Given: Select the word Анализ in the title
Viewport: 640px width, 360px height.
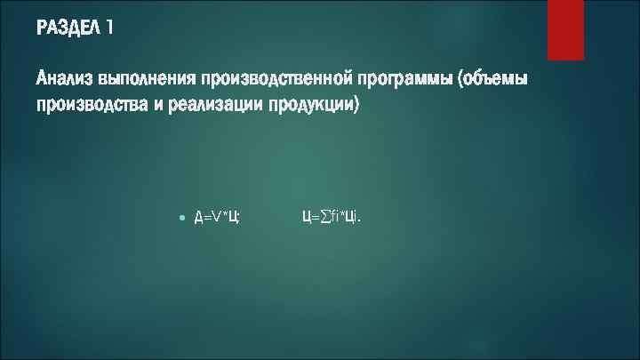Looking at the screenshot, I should tap(65, 80).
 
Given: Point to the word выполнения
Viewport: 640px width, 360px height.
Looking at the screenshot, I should tap(148, 80).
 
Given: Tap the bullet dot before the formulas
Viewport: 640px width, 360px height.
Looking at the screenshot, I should tap(181, 217).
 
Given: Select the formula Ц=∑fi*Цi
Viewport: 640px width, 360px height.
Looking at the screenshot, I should tap(331, 217).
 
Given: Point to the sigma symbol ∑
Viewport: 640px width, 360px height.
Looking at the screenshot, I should tap(324, 217).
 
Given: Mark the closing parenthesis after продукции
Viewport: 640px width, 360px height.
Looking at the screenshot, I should tap(356, 106).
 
